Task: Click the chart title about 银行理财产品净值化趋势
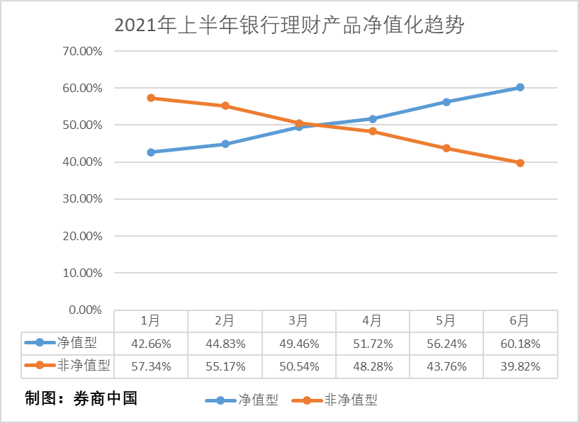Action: [x=289, y=26]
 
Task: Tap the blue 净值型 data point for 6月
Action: [x=519, y=87]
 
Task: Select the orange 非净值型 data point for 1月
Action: [x=151, y=98]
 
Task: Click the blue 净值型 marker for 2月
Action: [x=225, y=144]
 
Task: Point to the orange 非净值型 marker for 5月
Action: [x=446, y=148]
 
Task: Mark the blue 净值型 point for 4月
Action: [x=373, y=118]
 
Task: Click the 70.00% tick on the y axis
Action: [x=83, y=51]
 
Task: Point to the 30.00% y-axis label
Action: [x=83, y=199]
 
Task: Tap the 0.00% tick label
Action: [x=86, y=310]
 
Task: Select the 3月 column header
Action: [x=299, y=320]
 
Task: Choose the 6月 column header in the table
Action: [x=519, y=320]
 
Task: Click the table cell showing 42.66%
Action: [x=151, y=344]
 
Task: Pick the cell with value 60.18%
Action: [x=519, y=344]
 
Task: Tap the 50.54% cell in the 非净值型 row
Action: [x=299, y=366]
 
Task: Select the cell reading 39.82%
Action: [x=519, y=366]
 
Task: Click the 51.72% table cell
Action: [x=373, y=344]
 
